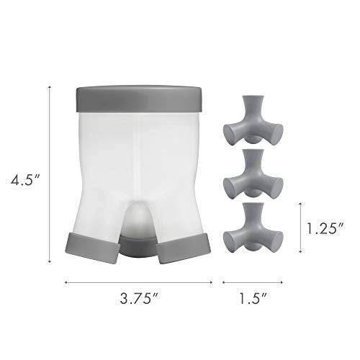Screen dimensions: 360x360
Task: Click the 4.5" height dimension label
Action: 24,179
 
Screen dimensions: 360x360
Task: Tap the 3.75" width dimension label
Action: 139,299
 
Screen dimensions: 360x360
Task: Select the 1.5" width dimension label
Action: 253,299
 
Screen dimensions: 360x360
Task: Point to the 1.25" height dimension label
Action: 325,228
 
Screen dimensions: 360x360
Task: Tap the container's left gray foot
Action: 92,247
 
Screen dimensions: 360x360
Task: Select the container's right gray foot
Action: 184,248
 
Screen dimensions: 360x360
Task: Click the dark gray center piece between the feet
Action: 138,247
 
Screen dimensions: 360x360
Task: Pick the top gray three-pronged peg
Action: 253,120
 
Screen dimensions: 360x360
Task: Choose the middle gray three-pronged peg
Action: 253,174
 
